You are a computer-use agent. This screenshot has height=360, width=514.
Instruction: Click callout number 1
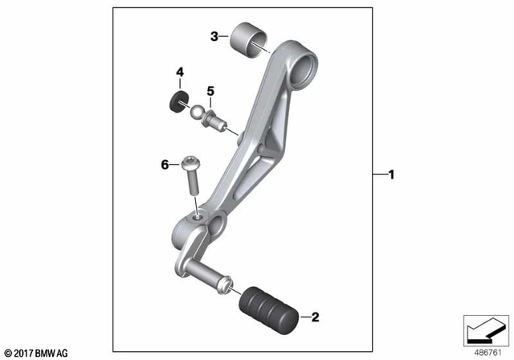pos(391,174)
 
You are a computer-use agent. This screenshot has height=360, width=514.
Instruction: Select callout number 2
pos(315,317)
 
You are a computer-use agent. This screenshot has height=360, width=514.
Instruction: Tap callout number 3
pos(214,36)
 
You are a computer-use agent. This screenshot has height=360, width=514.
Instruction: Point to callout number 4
pos(180,74)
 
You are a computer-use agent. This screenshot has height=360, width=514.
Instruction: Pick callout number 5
pos(210,90)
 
